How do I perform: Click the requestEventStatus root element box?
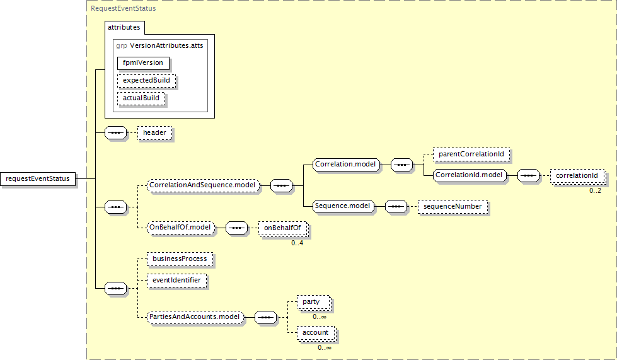click(x=38, y=179)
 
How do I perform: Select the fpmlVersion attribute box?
click(x=142, y=63)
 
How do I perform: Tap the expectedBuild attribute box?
click(x=146, y=81)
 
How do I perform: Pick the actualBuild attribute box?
click(x=141, y=99)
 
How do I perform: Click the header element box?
click(x=154, y=133)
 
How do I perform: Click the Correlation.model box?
click(x=345, y=165)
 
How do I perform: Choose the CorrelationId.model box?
click(x=470, y=175)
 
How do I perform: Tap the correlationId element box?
click(x=576, y=175)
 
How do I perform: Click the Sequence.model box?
click(x=343, y=206)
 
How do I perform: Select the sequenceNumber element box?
click(x=453, y=206)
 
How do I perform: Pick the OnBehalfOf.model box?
click(x=180, y=227)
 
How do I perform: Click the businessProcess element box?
click(x=178, y=258)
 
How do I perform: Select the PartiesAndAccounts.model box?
click(x=195, y=316)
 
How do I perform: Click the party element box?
click(x=311, y=303)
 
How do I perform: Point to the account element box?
click(x=315, y=333)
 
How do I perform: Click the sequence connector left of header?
click(x=115, y=133)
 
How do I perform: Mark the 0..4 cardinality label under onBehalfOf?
click(x=297, y=243)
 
